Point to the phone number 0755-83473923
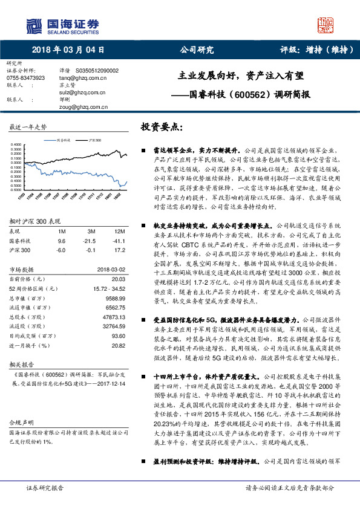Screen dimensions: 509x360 25,78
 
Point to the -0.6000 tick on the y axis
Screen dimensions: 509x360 15,189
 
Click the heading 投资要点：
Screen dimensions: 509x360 161,128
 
